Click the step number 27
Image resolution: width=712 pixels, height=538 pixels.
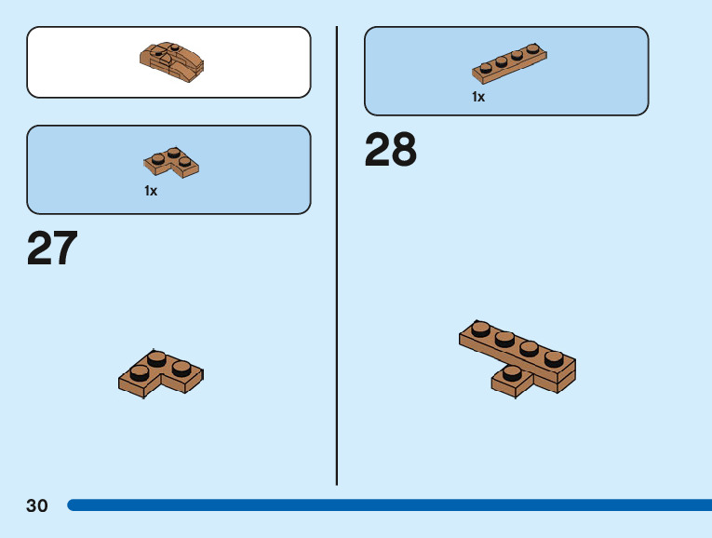[x=52, y=249]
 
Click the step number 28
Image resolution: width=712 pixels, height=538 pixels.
[x=390, y=150]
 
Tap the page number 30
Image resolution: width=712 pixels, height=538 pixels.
[x=37, y=505]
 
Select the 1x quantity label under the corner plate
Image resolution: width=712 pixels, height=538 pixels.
[x=151, y=191]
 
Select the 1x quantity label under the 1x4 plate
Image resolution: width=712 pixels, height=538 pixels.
[x=478, y=97]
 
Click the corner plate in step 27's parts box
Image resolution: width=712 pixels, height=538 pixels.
[x=171, y=162]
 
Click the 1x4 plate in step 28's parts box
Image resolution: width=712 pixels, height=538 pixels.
[x=509, y=62]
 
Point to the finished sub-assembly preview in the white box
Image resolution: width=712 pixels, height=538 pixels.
[x=171, y=61]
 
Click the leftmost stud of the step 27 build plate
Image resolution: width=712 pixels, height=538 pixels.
[x=140, y=372]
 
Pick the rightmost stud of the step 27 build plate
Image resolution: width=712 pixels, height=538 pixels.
[x=181, y=367]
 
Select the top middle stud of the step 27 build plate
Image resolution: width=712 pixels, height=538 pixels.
[x=157, y=356]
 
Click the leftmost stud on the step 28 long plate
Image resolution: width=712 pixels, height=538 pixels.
[x=481, y=328]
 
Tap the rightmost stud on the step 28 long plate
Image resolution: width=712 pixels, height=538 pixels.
[x=554, y=357]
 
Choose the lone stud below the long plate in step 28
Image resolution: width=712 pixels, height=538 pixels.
[x=511, y=373]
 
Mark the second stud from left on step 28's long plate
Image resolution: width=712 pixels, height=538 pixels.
[x=505, y=338]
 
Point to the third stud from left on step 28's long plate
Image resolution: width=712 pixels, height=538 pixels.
[x=530, y=348]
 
